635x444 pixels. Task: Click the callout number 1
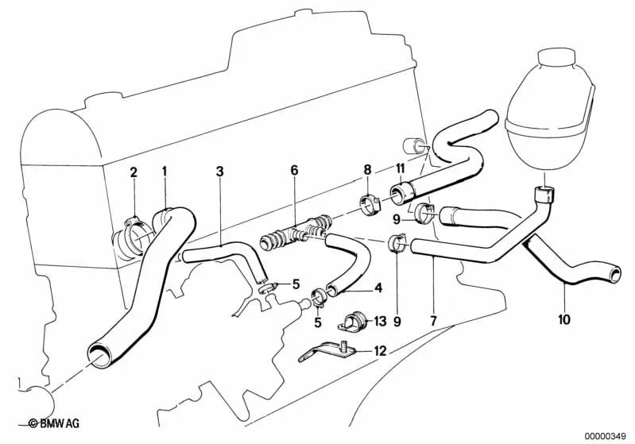click(165, 171)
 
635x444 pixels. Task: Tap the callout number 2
click(134, 172)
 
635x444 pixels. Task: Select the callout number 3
click(219, 171)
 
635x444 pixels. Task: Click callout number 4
click(378, 288)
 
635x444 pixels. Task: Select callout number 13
click(379, 321)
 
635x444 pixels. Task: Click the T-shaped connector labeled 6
click(296, 234)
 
